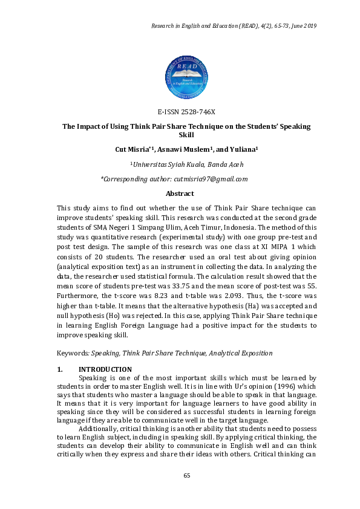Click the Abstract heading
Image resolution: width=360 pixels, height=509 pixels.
click(x=180, y=193)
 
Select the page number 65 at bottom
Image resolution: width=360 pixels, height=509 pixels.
click(x=187, y=476)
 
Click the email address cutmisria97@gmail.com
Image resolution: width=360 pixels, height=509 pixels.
click(x=211, y=179)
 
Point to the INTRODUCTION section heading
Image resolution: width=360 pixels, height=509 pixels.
click(x=105, y=369)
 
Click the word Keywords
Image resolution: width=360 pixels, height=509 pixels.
click(x=71, y=353)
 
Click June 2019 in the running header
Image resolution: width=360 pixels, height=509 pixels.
click(x=303, y=27)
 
